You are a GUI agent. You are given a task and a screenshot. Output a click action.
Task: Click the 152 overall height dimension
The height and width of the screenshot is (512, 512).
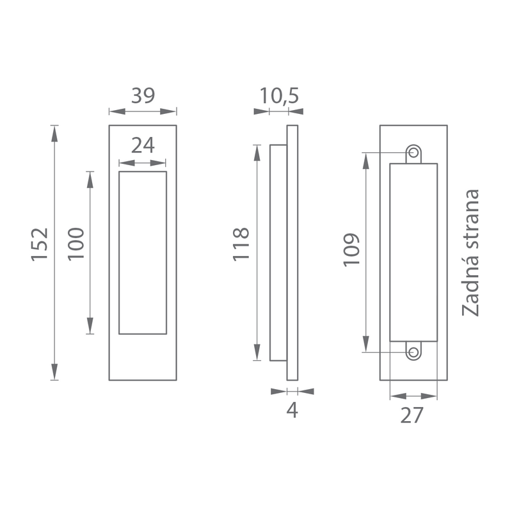(40, 244)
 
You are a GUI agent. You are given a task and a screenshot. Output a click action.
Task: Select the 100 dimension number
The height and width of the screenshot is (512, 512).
(76, 244)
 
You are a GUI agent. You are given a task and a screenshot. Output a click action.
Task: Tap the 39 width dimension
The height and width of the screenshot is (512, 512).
(143, 95)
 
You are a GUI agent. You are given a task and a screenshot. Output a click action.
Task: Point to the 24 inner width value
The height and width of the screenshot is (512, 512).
(143, 146)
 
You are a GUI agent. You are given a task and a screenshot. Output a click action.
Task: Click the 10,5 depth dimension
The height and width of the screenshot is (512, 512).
(279, 96)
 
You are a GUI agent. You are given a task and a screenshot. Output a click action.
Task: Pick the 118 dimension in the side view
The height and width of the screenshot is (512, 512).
(241, 244)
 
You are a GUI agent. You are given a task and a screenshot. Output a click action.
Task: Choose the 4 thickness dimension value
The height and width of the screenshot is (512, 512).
(292, 410)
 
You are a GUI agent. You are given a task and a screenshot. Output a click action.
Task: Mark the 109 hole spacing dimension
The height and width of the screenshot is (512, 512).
(351, 250)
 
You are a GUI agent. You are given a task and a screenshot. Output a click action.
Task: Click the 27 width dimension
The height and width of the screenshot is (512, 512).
(412, 415)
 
